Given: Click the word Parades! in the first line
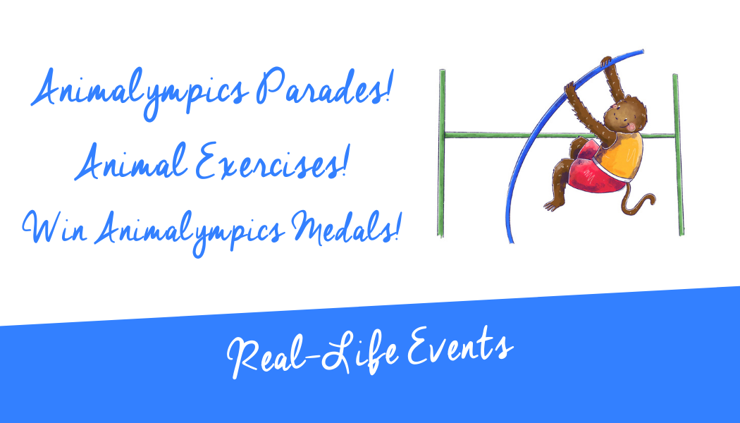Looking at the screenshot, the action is pos(324,87).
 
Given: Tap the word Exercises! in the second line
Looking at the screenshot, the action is pos(272,161).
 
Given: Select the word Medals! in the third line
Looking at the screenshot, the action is pos(346,228).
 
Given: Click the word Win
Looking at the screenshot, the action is pos(55,227).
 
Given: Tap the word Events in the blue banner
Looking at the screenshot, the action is pos(460,348).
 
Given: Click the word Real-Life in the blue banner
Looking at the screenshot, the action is pos(313,355).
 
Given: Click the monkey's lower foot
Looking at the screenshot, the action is pos(553,205).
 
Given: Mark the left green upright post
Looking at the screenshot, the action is pos(442,153).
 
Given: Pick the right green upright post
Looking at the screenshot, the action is pos(678,154).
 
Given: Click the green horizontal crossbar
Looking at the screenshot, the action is pos(560,135).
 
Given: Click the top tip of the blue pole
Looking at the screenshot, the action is pos(642,51).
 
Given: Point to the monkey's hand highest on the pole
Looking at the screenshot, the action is pos(605,62).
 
